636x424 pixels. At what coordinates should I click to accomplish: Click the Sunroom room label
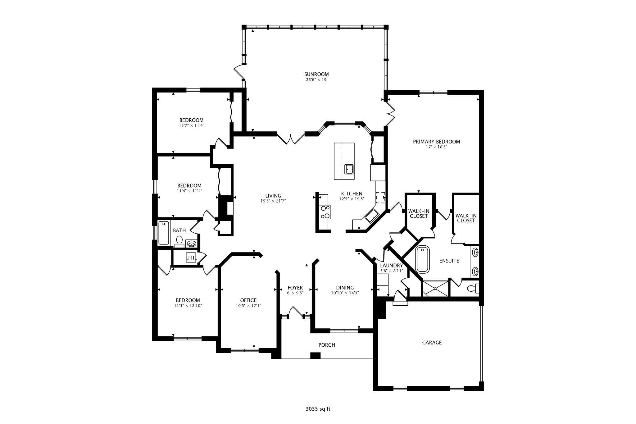[316, 74]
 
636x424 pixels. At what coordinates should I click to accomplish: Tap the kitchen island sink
[349, 169]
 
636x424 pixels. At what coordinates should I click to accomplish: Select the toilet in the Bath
[179, 241]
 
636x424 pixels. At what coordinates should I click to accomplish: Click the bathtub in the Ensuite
[422, 259]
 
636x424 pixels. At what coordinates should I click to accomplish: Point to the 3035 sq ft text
[318, 409]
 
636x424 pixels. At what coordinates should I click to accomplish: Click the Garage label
[432, 343]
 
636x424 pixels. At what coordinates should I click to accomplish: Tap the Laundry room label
[391, 266]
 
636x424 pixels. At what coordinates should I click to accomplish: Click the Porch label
[327, 345]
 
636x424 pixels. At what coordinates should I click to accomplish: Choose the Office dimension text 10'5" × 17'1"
[248, 306]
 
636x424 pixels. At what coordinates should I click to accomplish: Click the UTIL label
[191, 258]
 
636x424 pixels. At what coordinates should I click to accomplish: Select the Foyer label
[295, 288]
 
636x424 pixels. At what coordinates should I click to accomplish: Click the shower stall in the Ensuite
[435, 289]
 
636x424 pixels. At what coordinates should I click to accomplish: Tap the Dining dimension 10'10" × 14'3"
[345, 293]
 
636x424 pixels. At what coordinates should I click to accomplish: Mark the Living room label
[273, 196]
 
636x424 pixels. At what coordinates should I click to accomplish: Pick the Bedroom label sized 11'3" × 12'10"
[188, 300]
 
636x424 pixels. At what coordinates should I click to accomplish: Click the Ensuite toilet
[473, 289]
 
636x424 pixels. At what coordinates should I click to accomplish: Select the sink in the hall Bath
[191, 244]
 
